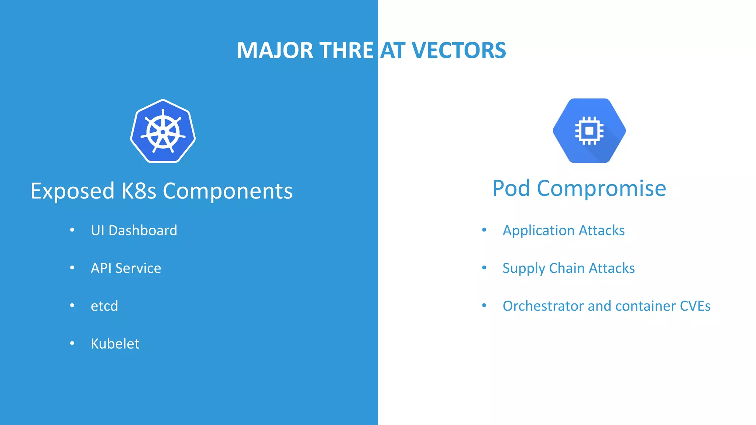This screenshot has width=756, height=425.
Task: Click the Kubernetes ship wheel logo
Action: pos(163,131)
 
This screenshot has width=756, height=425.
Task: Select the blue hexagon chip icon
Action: pos(589,131)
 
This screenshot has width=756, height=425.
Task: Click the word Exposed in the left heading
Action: pos(72,191)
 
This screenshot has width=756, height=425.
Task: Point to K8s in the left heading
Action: pos(139,191)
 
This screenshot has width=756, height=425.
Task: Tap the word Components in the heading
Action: pos(228,191)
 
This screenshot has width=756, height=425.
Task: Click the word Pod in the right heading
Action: pos(511,189)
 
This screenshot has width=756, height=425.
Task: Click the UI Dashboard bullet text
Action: pos(134,231)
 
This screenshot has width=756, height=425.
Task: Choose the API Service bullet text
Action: pos(126,268)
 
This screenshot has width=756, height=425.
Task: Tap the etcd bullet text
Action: pos(104,306)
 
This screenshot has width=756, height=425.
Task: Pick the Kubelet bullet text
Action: pos(115,344)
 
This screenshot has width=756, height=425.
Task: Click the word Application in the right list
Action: pos(539,231)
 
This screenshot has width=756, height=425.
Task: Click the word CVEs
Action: pos(695,306)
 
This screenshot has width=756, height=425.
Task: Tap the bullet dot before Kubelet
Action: pos(72,343)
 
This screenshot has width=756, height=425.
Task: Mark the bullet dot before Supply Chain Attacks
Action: pos(484,268)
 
